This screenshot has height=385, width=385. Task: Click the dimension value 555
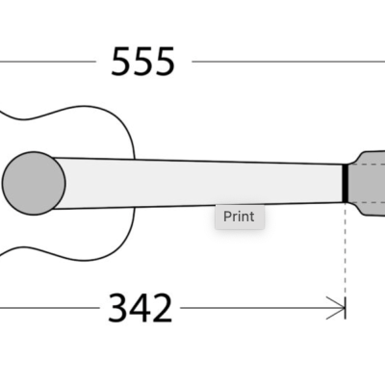tap(143, 62)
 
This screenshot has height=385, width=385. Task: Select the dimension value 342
tap(140, 308)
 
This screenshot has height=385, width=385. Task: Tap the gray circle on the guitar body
tap(34, 182)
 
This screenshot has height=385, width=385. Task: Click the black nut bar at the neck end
tap(345, 183)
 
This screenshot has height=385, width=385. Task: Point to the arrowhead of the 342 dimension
tap(339, 308)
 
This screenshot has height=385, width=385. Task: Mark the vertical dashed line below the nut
tap(345, 250)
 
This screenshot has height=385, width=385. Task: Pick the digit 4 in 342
tap(141, 308)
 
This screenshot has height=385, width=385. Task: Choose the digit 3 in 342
tap(117, 308)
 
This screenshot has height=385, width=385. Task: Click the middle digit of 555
tap(143, 62)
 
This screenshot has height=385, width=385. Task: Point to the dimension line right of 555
tap(289, 62)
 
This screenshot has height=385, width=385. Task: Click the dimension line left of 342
tap(48, 308)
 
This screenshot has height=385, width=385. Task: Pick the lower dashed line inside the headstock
tap(371, 202)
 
